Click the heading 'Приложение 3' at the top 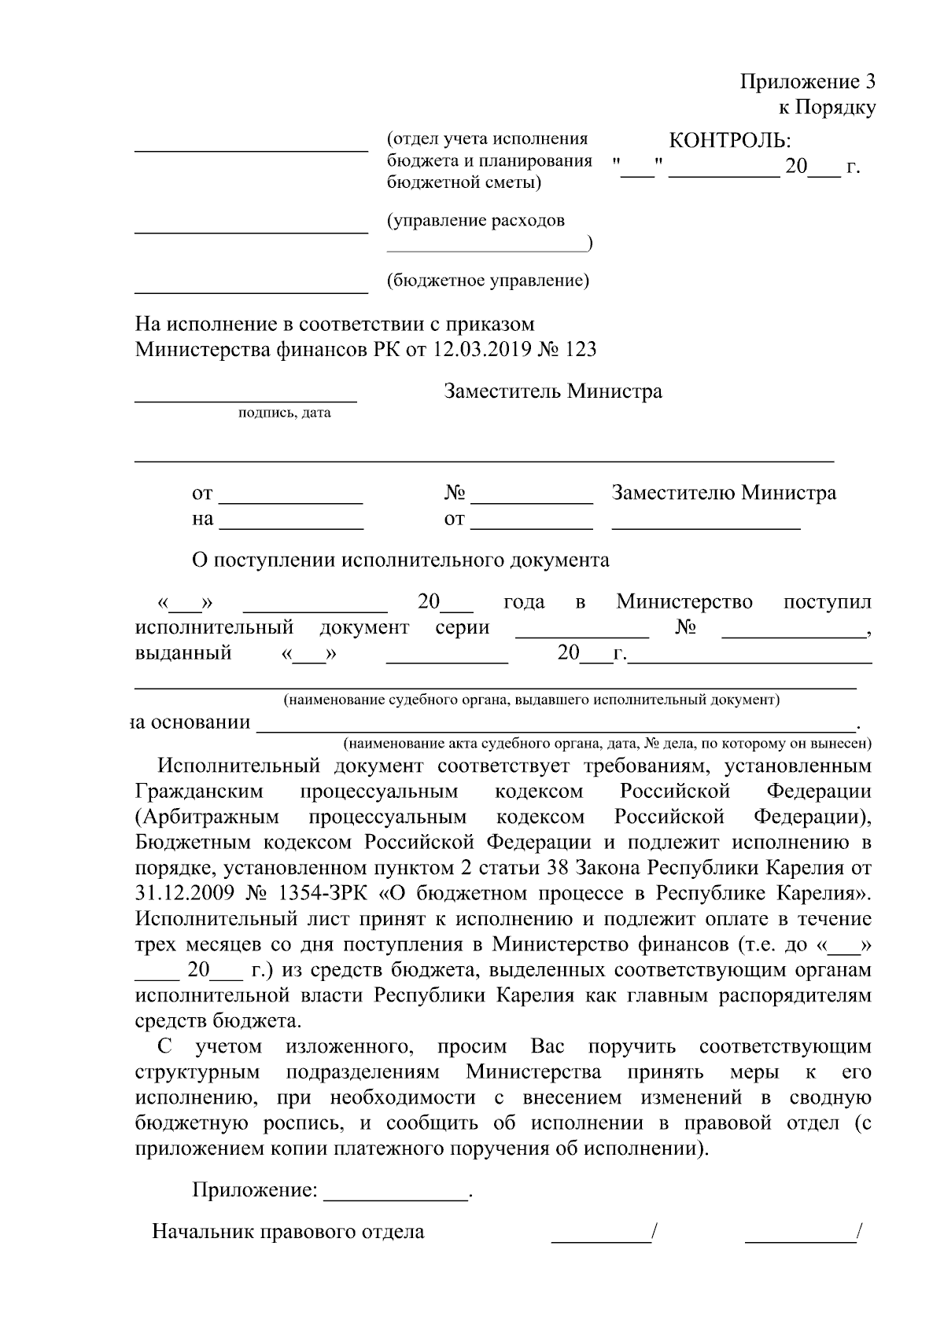point(807,82)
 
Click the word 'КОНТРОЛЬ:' point(729,141)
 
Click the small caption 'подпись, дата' point(285,413)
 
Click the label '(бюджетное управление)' point(488,281)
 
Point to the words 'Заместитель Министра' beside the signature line point(552,391)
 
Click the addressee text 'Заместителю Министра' point(724,493)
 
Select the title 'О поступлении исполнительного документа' point(400,560)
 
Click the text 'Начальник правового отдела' point(288,1232)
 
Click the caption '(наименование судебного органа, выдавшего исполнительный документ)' point(532,700)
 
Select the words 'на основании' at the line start point(191,722)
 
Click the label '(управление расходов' point(475,221)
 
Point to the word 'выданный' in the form point(183,652)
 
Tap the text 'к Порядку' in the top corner point(827,108)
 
